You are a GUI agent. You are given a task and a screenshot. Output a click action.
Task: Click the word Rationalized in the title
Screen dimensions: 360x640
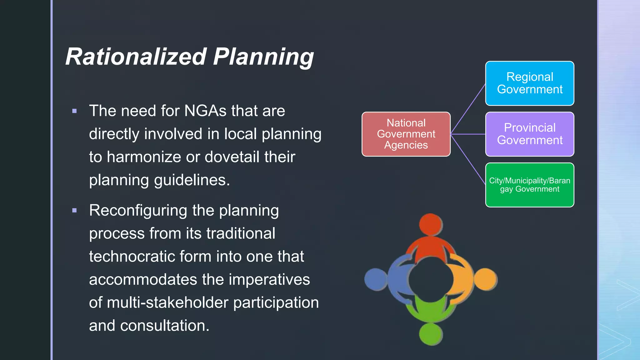tap(136, 57)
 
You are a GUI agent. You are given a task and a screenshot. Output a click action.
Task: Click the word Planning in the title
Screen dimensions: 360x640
tap(263, 57)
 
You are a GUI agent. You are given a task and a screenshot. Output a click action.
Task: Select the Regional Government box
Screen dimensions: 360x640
tap(529, 83)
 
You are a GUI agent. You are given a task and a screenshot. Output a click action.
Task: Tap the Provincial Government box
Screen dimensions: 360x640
tap(529, 134)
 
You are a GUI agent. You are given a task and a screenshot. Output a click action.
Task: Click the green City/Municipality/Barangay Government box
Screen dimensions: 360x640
tap(529, 185)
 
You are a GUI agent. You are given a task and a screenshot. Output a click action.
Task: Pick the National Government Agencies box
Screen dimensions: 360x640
tap(406, 134)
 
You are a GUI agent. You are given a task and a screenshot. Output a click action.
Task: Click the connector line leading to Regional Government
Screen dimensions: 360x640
tap(468, 109)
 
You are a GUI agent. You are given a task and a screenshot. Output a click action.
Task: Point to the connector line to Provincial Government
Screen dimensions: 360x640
tap(468, 134)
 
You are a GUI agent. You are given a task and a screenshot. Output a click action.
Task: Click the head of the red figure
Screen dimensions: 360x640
tap(431, 225)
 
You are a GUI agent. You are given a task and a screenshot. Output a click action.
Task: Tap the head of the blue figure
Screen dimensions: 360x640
tap(376, 279)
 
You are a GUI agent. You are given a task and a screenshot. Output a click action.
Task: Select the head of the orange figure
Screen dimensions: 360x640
tap(485, 279)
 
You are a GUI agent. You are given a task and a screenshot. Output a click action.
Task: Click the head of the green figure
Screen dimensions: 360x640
tap(431, 334)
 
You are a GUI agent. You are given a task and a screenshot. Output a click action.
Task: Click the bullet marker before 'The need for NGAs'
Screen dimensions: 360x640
tap(74, 111)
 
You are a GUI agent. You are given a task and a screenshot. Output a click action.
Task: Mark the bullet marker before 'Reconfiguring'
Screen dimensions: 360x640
tap(74, 211)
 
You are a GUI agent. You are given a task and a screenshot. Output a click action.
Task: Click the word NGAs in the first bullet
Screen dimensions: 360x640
tap(205, 111)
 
